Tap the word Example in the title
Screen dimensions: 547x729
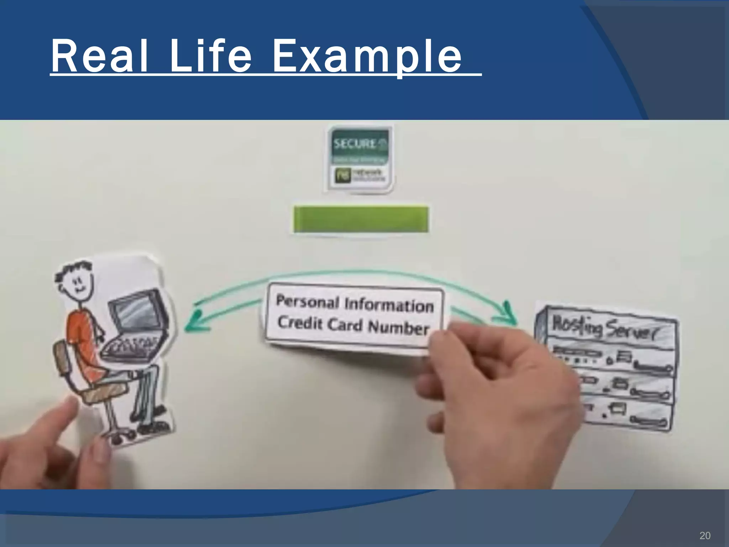(x=367, y=57)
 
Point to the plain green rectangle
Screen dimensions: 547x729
(x=361, y=219)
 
